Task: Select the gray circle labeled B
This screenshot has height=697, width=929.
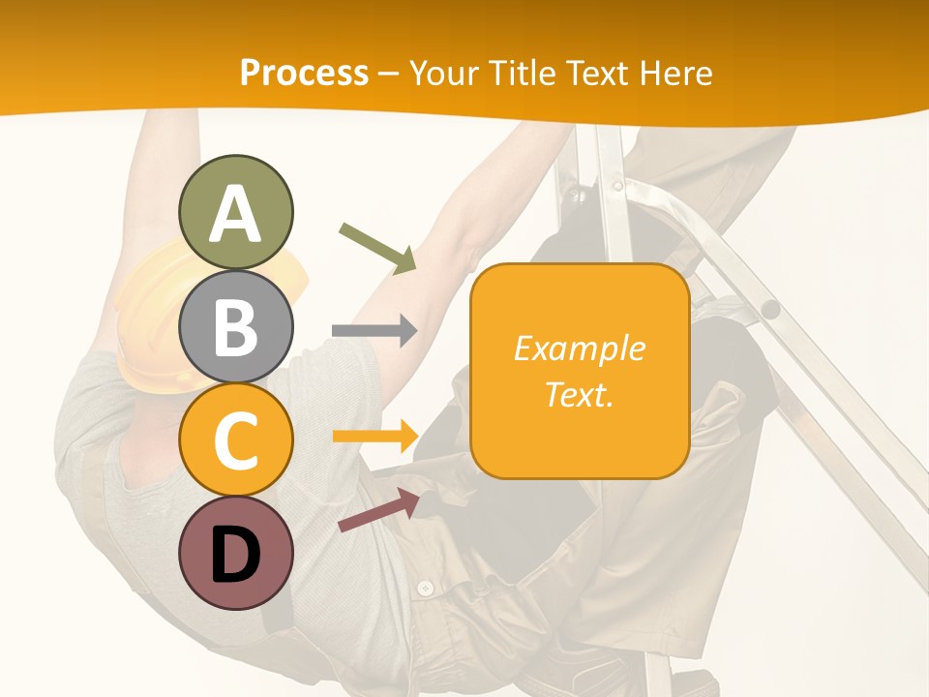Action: coord(235,326)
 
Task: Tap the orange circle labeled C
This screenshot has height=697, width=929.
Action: coord(235,439)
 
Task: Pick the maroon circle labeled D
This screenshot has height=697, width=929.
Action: coord(235,553)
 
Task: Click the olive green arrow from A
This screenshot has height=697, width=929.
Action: coord(377,248)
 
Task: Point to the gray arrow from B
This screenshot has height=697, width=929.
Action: coord(374,330)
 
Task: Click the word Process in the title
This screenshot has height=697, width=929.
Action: coord(304,73)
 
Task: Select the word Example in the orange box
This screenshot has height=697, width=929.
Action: coord(579,348)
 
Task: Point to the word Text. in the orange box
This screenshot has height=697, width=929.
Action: coord(579,394)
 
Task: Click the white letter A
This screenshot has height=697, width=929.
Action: coord(235,215)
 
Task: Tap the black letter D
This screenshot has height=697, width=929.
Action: coord(235,556)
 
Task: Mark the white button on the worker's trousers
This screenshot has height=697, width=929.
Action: coord(425,588)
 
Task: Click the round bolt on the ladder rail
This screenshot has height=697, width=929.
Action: coord(769,309)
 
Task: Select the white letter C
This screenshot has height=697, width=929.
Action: coord(235,440)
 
